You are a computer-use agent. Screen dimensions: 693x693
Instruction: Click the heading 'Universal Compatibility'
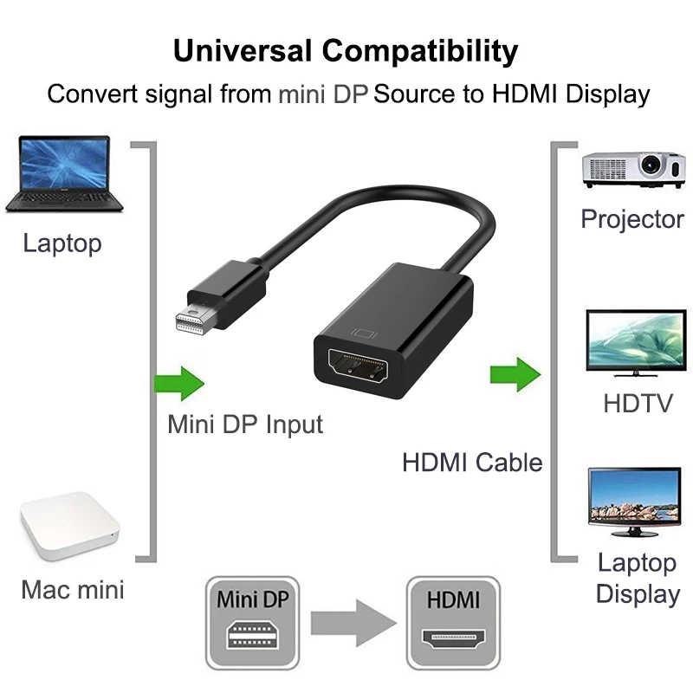coord(346,50)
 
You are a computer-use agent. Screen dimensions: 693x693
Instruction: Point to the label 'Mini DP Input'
coord(245,424)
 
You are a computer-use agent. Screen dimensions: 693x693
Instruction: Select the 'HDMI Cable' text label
coord(472,462)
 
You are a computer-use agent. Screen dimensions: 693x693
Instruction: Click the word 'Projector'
coord(632,219)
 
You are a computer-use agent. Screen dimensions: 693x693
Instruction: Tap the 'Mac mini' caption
coord(73,590)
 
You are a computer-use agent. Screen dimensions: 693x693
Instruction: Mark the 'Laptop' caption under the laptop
coord(62,243)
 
